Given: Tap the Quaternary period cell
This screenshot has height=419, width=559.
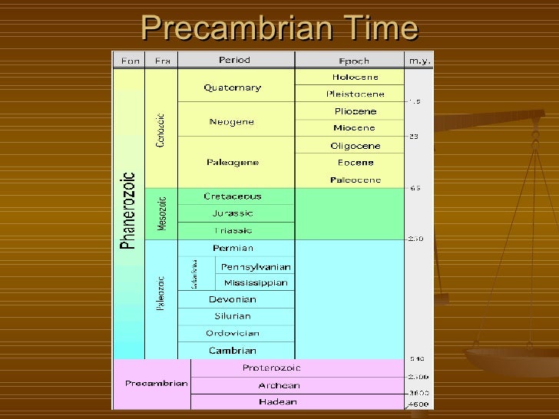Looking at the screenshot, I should [232, 87].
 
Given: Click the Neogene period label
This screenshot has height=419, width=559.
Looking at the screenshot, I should [231, 121].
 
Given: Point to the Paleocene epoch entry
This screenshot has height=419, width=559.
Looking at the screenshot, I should [355, 179].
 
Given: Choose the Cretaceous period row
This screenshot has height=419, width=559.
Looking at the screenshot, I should [233, 196].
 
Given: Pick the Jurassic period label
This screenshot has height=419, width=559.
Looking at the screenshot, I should [233, 213].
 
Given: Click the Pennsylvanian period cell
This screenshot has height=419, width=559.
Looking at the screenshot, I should [256, 266].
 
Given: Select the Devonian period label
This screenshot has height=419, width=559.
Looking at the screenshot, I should [232, 299].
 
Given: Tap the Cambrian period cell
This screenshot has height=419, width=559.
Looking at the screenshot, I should [232, 350].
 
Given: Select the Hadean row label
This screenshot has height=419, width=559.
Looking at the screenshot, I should [279, 401].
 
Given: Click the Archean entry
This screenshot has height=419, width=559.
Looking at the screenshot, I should [279, 384].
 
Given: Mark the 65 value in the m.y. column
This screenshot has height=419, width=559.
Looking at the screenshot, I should [415, 187].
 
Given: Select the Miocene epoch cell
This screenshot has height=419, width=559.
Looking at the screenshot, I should [354, 127].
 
